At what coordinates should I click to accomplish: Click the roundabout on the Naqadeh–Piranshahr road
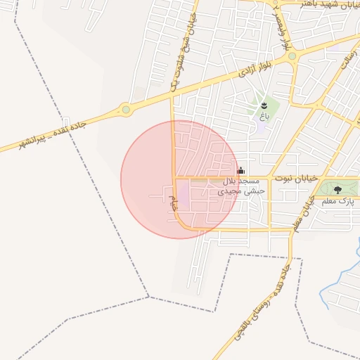click(x=126, y=109)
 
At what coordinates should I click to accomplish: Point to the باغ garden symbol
click(x=264, y=105)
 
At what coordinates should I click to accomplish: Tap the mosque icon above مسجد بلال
click(x=240, y=170)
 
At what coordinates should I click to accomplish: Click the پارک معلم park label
click(x=336, y=202)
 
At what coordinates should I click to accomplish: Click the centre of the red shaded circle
click(x=179, y=179)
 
